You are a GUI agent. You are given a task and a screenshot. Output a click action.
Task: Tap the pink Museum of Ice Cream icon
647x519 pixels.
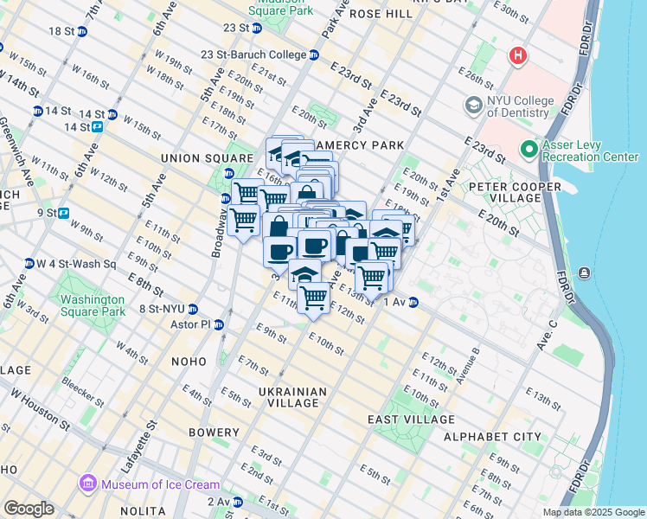(x=86, y=484)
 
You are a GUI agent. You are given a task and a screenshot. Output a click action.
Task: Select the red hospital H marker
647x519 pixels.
(x=518, y=56)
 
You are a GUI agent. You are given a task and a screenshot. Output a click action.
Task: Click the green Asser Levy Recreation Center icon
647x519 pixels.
(x=529, y=150)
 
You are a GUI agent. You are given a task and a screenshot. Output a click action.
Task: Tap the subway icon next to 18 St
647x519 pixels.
(x=82, y=31)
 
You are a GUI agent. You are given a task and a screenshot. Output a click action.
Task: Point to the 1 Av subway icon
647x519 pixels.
(x=413, y=302)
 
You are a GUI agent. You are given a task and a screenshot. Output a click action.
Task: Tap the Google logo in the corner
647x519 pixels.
(x=29, y=509)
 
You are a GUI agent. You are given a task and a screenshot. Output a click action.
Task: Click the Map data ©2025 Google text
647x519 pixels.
(x=593, y=512)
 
